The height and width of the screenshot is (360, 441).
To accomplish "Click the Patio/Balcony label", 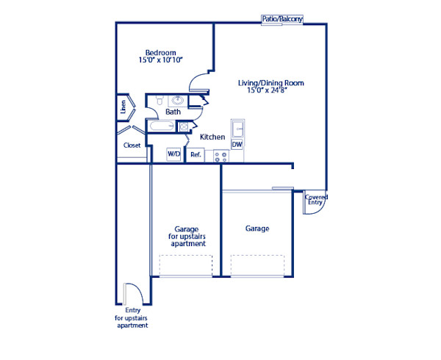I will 282,19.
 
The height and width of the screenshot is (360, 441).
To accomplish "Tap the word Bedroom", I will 160,52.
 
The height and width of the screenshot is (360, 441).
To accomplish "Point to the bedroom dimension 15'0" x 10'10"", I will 160,60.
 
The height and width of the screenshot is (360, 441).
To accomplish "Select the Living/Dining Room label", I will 270,83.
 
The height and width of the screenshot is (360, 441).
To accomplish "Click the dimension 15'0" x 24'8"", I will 270,91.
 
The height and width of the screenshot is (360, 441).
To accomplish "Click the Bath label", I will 173,112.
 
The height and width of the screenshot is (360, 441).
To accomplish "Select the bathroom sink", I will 177,100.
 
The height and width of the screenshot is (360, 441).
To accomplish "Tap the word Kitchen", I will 212,137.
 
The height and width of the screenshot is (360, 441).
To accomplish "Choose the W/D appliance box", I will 173,154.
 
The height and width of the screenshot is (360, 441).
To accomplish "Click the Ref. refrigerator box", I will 196,154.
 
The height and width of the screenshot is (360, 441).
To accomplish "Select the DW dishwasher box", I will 237,145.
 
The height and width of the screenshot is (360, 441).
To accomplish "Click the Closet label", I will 132,145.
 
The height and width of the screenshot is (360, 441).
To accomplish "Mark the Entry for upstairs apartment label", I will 132,317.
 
